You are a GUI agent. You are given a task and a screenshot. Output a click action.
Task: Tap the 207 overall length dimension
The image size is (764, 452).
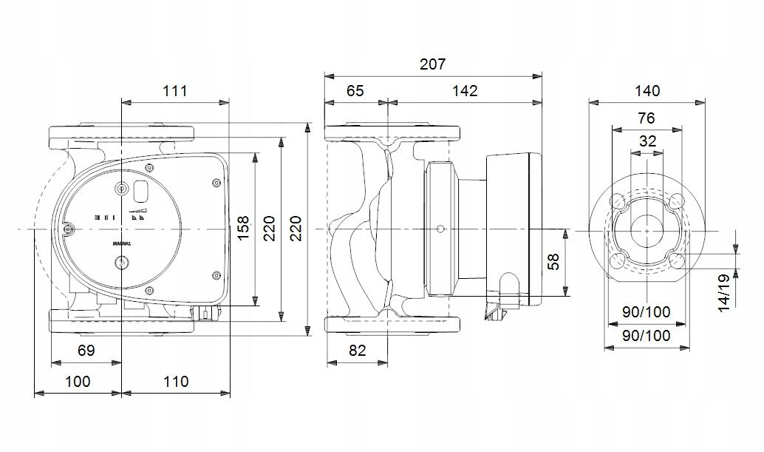pyautogui.click(x=432, y=64)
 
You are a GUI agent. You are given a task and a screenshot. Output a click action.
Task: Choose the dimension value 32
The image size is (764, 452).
pyautogui.click(x=647, y=141)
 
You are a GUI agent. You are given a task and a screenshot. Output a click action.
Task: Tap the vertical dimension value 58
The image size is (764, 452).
pyautogui.click(x=553, y=261)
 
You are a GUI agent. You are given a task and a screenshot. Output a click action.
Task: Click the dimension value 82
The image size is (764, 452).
pyautogui.click(x=357, y=351)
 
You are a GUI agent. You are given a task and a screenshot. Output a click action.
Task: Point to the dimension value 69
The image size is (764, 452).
pyautogui.click(x=86, y=351)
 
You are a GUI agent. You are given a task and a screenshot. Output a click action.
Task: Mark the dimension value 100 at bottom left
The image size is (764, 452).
pyautogui.click(x=77, y=382)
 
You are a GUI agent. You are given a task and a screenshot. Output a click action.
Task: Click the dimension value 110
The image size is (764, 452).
pyautogui.click(x=175, y=382)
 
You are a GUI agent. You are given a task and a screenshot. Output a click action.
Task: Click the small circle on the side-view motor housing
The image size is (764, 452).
pyautogui.click(x=441, y=229)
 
